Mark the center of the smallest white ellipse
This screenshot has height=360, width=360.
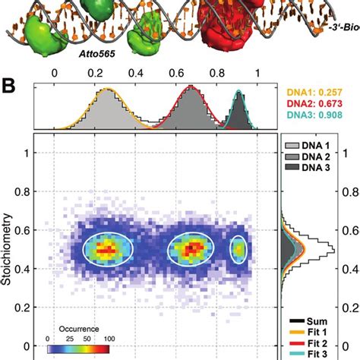click(239, 248)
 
